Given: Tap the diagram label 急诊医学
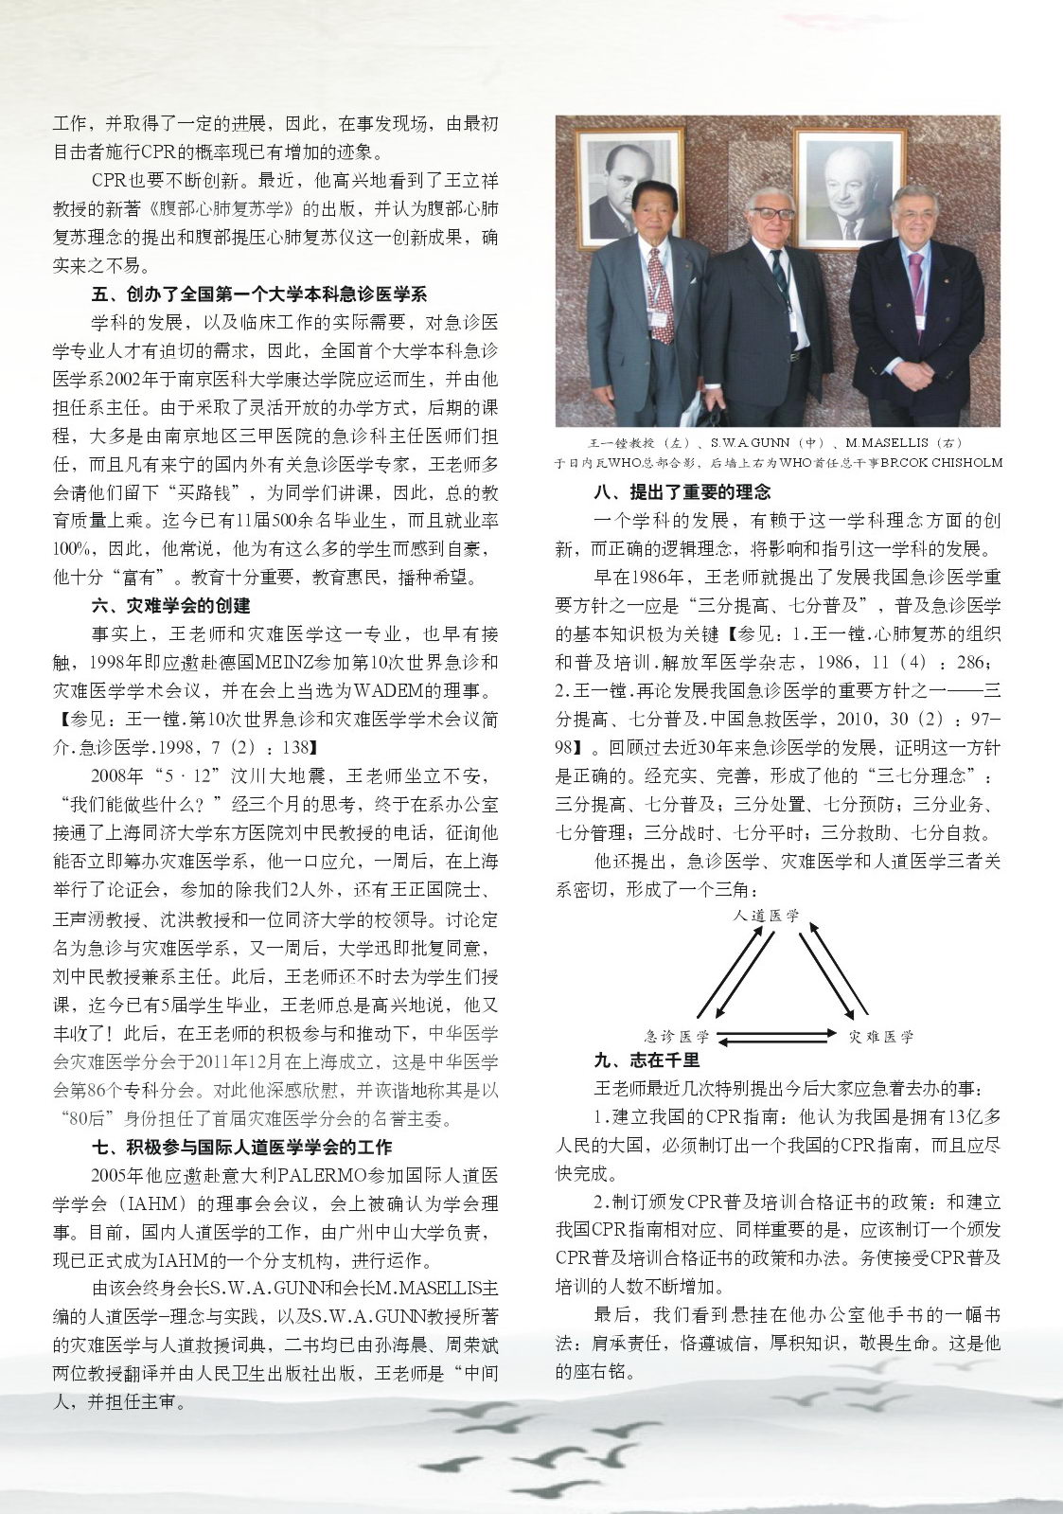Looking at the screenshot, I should coord(677,1036).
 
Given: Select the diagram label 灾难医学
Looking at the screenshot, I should coord(881,1036).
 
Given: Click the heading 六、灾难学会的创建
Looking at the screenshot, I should coord(170,605).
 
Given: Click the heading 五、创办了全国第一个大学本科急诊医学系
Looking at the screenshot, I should coord(258,294).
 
